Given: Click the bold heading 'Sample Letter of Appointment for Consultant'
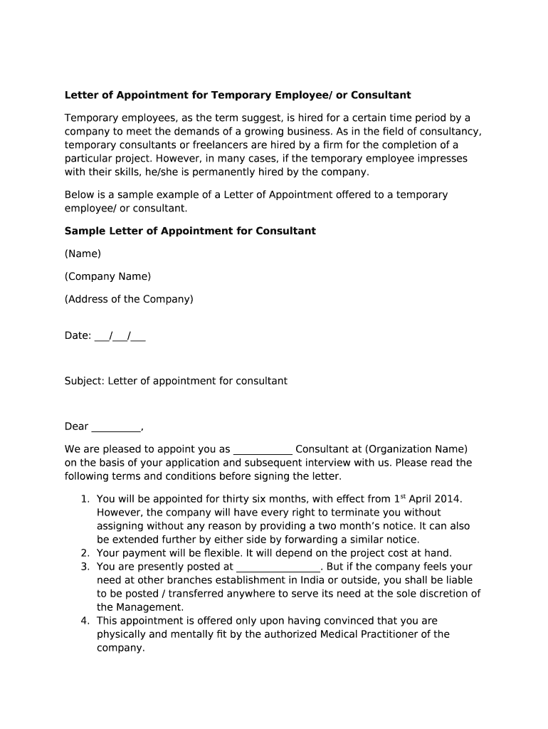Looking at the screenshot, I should pos(190,231).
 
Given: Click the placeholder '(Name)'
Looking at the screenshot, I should pos(83,254).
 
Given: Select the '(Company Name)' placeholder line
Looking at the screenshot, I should pos(107,277).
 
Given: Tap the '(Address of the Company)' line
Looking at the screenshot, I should pos(129,300).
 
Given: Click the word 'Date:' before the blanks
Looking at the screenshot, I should pos(78,336).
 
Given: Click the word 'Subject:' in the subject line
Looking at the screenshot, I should pos(85,382).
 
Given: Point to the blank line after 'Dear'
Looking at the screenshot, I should pos(117,427).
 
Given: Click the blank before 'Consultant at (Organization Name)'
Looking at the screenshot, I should pos(263,450).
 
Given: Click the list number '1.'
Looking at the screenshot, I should pos(85,500).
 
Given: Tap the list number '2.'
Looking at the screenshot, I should pos(85,553).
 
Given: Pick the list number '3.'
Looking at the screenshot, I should pos(85,567).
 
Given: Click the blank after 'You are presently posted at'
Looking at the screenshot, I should pos(278,567).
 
